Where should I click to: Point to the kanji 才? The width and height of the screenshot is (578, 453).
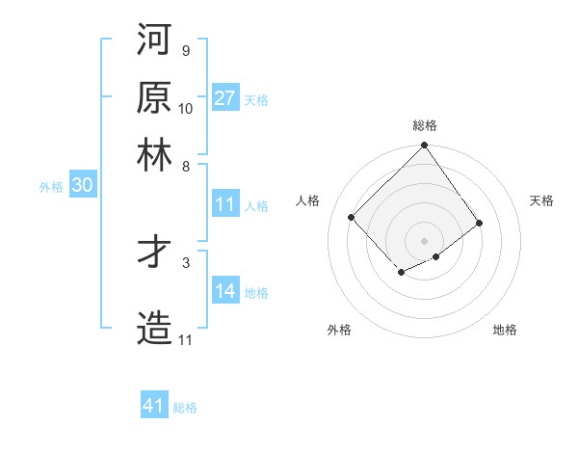coord(154,252)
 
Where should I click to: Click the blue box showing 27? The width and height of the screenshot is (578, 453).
coord(225,97)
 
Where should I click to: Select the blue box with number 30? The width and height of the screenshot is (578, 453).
coord(82,185)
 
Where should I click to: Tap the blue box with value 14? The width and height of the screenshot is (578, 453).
coord(225,292)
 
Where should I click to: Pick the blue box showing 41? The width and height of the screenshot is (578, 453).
coord(154,406)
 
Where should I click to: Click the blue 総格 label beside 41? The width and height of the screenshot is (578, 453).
coord(185,408)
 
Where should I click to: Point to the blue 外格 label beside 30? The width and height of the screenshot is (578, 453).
coord(51,187)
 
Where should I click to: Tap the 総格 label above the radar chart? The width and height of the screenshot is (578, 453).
coord(425,125)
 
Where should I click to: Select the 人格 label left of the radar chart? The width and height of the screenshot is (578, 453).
coord(308,200)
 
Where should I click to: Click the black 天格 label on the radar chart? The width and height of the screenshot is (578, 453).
coord(541,200)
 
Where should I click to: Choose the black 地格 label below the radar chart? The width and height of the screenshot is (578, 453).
coord(505,330)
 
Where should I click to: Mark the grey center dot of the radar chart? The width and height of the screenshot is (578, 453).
coord(425,240)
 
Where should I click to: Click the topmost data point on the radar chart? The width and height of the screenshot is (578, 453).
coord(425,147)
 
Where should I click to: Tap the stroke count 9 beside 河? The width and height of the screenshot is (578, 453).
coord(185,51)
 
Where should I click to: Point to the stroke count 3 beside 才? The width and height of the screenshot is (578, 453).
coord(185,261)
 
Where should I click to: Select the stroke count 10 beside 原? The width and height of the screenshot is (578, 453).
coord(185,108)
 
